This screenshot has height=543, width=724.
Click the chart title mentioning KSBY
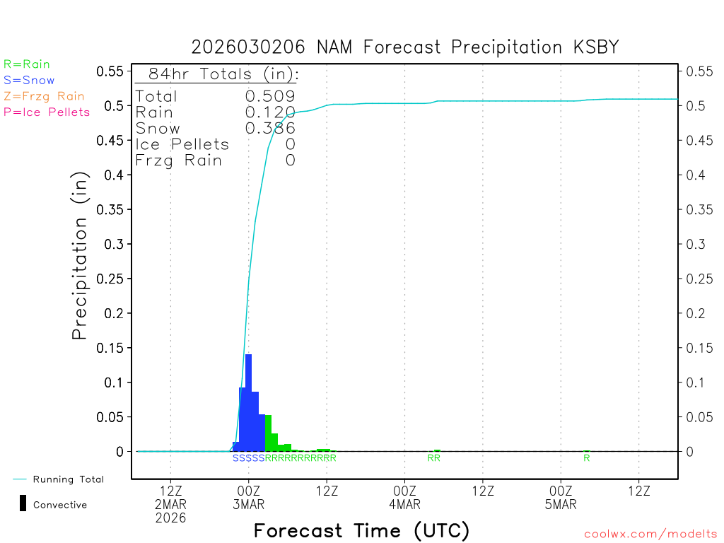pos(405,47)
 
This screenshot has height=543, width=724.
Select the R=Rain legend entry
pos(27,64)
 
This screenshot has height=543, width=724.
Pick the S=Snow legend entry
pos(29,81)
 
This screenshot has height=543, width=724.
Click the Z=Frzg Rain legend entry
pos(44,96)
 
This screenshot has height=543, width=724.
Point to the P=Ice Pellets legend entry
pos(47,112)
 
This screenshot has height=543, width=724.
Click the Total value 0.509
pos(270,96)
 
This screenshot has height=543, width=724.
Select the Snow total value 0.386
pos(270,128)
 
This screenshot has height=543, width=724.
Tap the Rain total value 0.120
pos(270,112)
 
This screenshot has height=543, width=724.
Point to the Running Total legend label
pos(68,479)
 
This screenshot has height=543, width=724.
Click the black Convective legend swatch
pos(23,503)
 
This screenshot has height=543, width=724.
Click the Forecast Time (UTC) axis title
pos(361,530)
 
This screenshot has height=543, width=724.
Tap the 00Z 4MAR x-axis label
pos(405,497)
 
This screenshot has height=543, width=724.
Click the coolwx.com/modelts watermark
pos(650,534)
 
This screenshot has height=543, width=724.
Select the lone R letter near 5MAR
pos(587,458)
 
